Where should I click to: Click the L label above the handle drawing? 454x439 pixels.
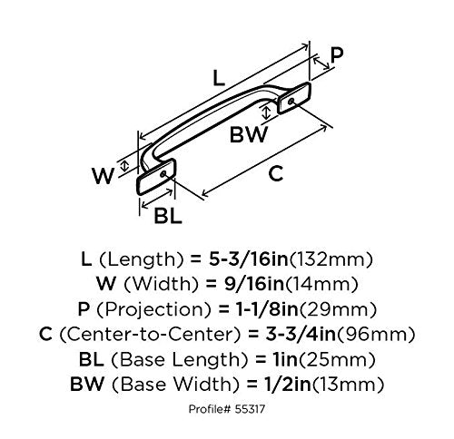click(219, 78)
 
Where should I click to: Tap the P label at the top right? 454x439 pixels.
click(337, 55)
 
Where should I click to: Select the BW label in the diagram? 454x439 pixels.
click(249, 134)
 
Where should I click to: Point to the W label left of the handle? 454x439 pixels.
click(104, 176)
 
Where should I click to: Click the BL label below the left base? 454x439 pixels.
click(168, 216)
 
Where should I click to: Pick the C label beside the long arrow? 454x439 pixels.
click(276, 173)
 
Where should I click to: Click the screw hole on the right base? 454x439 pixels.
click(291, 102)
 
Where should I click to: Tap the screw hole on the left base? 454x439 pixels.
click(163, 174)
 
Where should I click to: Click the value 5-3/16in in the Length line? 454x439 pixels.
click(249, 259)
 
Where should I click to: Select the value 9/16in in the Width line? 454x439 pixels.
click(254, 284)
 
